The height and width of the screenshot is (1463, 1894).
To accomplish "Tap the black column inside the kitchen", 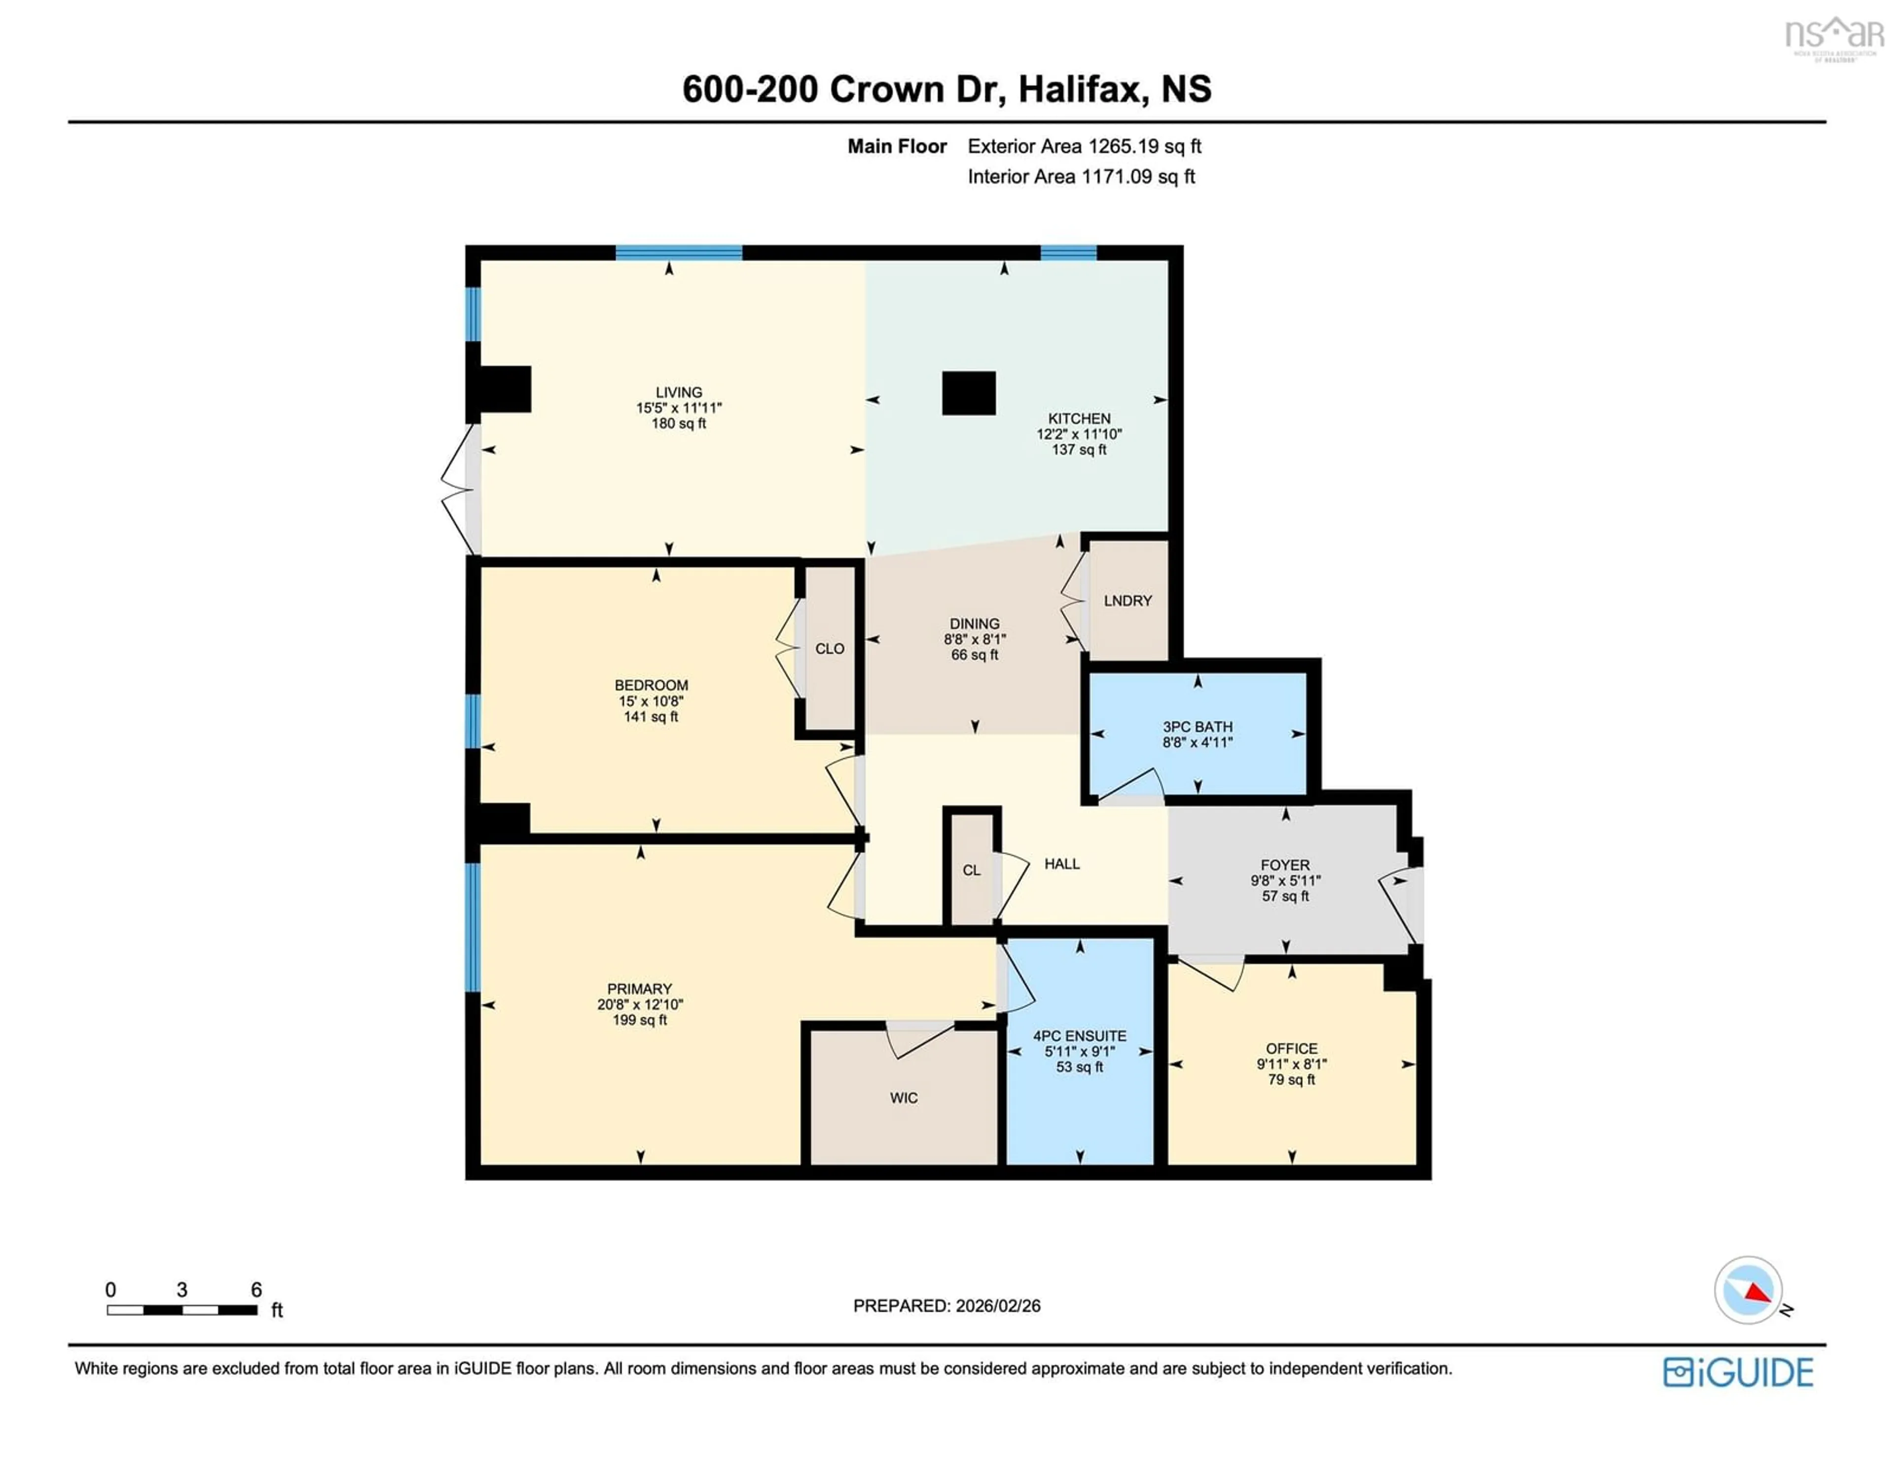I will pos(969,393).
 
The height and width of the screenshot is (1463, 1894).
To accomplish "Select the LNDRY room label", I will pos(1128,600).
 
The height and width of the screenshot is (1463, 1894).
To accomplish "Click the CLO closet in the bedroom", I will pos(829,649).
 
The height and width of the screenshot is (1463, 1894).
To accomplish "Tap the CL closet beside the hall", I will pos(971,870).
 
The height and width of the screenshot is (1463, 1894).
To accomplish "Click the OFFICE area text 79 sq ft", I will pos(1291,1080).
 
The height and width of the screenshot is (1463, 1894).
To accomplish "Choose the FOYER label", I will pos(1285,865).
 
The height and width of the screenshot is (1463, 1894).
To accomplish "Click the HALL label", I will pos(1061,864).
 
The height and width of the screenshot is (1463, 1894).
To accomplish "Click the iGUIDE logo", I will pos(1738,1372).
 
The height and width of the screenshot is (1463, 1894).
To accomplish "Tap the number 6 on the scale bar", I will pos(256,1289).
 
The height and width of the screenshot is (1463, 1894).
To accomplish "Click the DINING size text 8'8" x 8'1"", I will pos(974,639).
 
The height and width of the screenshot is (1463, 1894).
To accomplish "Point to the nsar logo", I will pos(1833,37).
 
